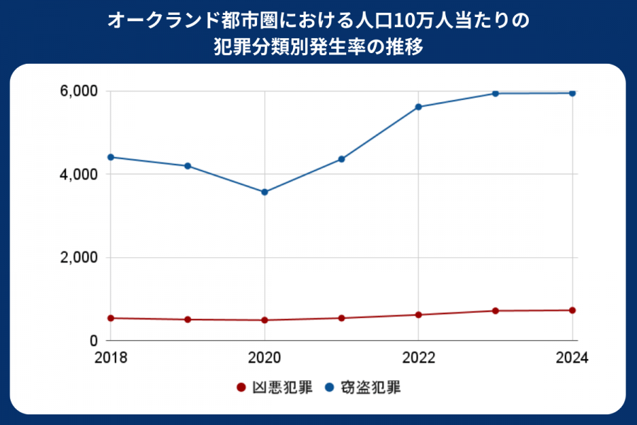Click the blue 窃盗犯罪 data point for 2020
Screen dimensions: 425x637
265,192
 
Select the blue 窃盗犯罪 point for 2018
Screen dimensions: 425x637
110,157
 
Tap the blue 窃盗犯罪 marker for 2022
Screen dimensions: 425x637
418,107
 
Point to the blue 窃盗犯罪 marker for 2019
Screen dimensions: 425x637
188,166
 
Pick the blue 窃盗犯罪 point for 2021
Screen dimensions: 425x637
341,159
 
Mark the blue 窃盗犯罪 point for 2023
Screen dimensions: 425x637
495,93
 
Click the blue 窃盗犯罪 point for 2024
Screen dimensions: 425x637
572,93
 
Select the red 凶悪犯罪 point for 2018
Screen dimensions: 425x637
110,318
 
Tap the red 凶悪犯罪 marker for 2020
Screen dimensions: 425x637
265,320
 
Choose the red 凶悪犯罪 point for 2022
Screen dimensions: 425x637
418,314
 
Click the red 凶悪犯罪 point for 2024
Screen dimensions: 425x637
572,310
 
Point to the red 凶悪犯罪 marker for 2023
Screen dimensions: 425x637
495,311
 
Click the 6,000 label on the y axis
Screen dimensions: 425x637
78,91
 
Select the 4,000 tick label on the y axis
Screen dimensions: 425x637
78,174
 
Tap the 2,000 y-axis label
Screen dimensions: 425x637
78,258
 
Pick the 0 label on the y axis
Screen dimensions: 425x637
92,341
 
